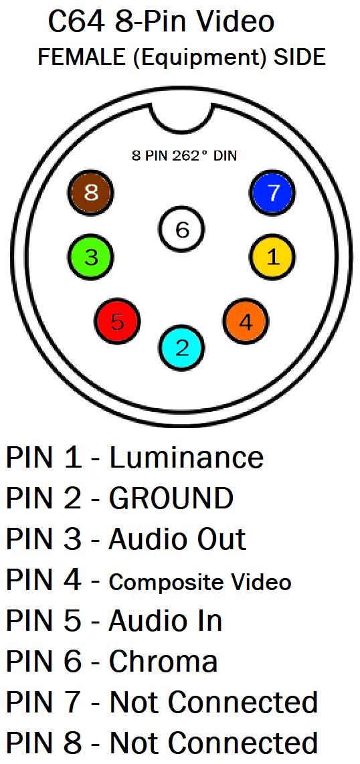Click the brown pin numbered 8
tap(90, 193)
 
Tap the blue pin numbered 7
tap(272, 193)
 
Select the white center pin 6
tap(182, 229)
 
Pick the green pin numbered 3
tap(90, 257)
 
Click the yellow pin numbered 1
tap(272, 257)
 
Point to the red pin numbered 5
tap(117, 322)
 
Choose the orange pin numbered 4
tap(246, 322)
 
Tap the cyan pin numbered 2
tap(182, 347)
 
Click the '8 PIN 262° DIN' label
tap(184, 156)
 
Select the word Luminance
tap(186, 458)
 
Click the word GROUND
tap(171, 498)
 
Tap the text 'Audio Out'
tap(177, 539)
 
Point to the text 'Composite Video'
tap(199, 582)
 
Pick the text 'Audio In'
tap(166, 620)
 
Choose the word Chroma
tap(163, 661)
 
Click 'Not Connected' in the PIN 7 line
tap(213, 702)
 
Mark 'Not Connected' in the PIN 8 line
tap(213, 743)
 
